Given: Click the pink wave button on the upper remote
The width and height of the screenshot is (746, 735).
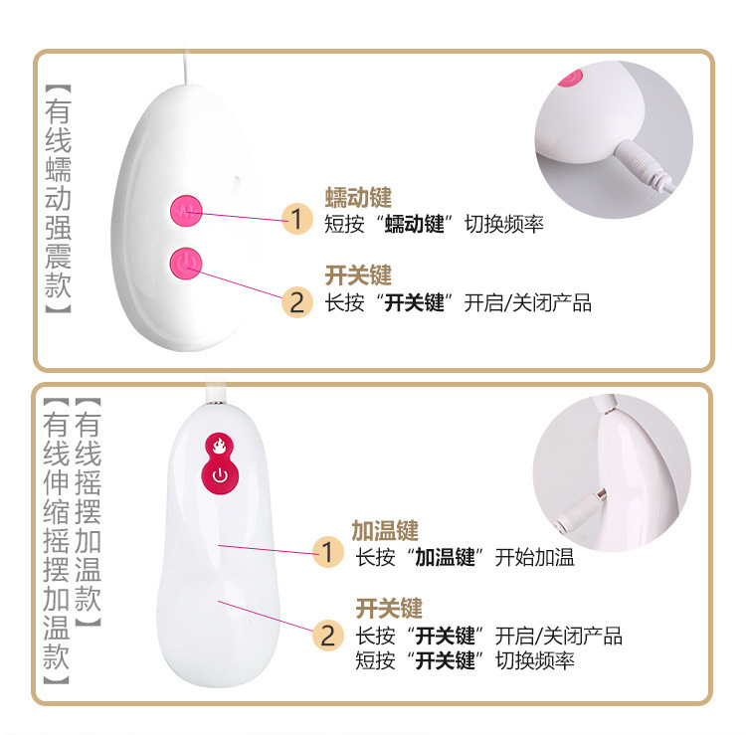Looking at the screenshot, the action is click(x=186, y=211).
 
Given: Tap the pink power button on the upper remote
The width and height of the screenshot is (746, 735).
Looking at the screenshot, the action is click(x=186, y=264).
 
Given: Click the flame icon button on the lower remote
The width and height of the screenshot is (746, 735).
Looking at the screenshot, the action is click(x=219, y=446).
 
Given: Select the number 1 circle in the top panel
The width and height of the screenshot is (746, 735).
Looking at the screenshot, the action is click(x=296, y=219).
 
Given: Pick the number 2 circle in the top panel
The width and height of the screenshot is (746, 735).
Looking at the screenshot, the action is click(x=296, y=302).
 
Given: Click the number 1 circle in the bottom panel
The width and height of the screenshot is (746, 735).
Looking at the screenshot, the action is click(x=328, y=552).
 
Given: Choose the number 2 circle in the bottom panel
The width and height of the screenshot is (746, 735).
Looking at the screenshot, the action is click(x=328, y=636).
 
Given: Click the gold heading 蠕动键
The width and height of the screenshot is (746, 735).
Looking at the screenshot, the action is click(x=358, y=198).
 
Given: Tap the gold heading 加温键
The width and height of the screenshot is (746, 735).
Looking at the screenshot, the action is click(x=385, y=531).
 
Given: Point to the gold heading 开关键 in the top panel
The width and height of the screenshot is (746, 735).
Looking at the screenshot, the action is click(x=358, y=276).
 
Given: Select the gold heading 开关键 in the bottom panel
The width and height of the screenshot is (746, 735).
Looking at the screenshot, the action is click(x=389, y=609).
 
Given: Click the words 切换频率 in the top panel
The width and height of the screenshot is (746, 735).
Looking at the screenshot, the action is click(x=504, y=224).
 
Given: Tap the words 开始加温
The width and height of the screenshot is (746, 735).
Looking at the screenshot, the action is click(x=534, y=557).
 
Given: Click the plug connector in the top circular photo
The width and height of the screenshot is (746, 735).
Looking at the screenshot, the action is click(x=643, y=165).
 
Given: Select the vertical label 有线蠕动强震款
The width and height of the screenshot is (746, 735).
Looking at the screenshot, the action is click(x=58, y=199).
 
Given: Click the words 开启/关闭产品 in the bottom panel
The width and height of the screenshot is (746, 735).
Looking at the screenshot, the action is click(x=559, y=637).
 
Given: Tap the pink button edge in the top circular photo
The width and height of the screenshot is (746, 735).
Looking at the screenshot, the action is click(x=570, y=78).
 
